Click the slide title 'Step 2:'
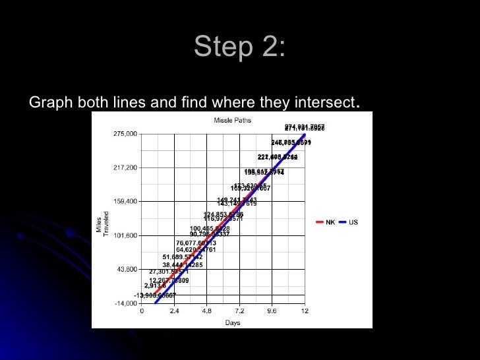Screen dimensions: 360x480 (240, 47)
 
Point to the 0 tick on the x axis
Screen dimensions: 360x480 (142, 311)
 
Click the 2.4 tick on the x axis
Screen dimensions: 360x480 (174, 311)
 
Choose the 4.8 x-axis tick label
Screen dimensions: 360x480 (206, 311)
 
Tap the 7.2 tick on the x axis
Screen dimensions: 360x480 (239, 311)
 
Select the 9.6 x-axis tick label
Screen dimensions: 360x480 (272, 311)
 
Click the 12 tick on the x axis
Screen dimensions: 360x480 (304, 311)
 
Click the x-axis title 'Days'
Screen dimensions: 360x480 (232, 323)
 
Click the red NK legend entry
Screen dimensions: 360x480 (326, 222)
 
